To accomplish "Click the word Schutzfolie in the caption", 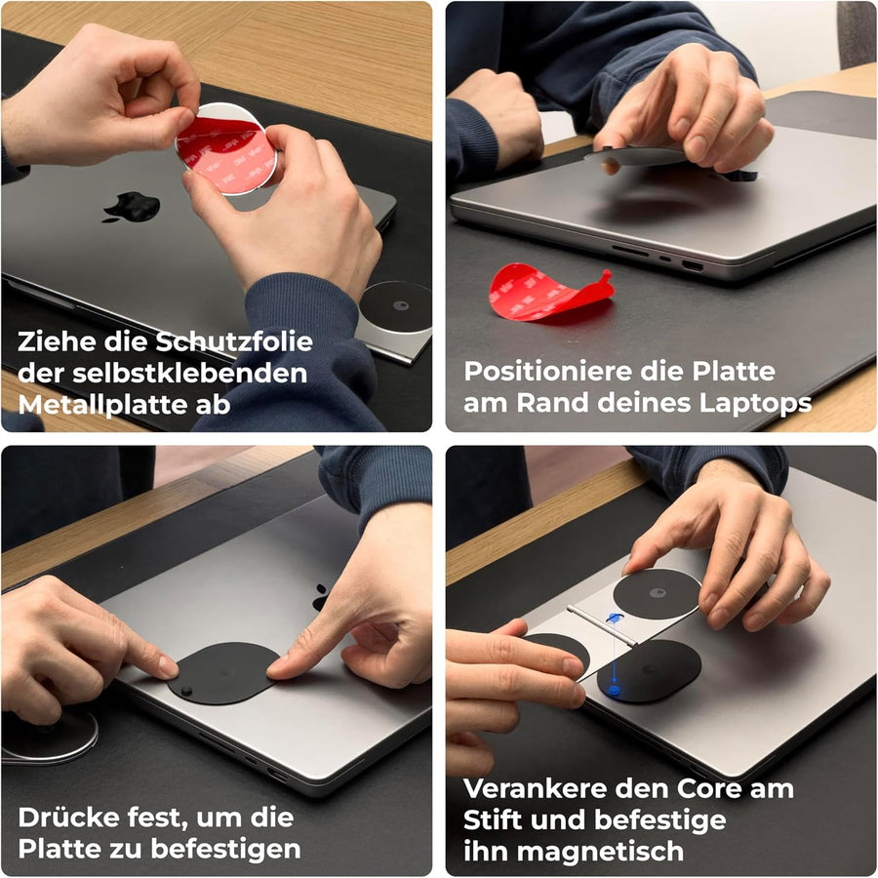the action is [x=233, y=342].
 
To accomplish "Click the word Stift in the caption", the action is [x=494, y=820].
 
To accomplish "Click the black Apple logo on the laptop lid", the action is [x=132, y=207].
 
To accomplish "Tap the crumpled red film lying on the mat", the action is [x=548, y=293].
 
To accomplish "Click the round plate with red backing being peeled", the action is [x=226, y=150].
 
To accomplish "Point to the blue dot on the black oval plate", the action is [x=615, y=691].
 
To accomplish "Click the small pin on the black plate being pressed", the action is [x=186, y=690].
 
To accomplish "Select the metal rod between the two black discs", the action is [x=602, y=625].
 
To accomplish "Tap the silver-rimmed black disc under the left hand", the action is [x=51, y=737].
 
